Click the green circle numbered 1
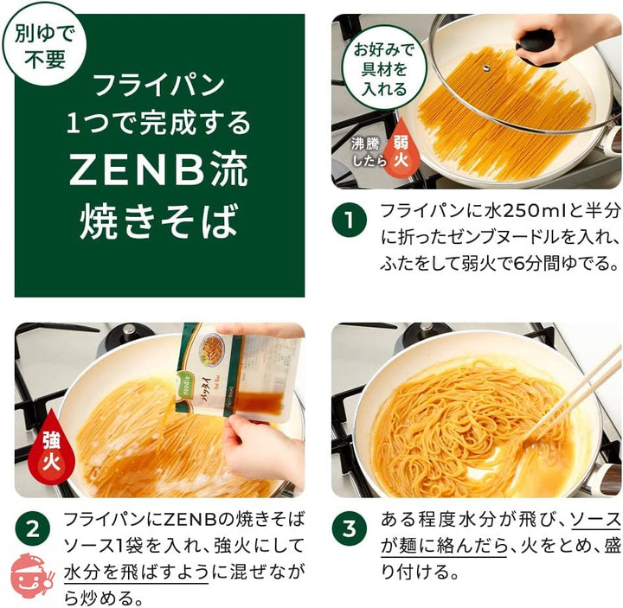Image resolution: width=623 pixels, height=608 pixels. coord(350,220)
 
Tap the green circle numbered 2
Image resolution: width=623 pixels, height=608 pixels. coord(33,529)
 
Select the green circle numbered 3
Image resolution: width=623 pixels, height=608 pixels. coord(350,529)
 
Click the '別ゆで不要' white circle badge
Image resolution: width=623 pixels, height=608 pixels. coord(44,44)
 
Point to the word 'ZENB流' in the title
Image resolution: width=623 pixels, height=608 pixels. coord(158,170)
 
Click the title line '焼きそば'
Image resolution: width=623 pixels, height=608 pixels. coord(158,221)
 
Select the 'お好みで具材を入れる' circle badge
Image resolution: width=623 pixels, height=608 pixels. coord(384,68)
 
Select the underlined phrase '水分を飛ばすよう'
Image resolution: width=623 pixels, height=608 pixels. coord(136,572)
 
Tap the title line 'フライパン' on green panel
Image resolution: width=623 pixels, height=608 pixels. coord(159,86)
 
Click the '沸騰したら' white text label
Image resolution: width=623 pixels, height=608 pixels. coord(369,152)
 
